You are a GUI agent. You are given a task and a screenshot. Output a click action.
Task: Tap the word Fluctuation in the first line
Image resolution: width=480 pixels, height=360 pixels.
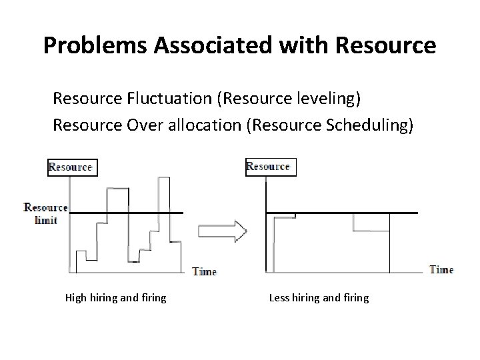click(172, 99)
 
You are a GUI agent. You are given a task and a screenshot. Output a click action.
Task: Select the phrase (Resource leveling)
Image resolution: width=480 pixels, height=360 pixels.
click(295, 99)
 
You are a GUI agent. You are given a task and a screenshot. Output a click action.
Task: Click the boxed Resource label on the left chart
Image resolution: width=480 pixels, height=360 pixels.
click(73, 167)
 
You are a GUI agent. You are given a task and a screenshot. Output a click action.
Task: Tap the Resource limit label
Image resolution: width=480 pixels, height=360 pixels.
click(46, 213)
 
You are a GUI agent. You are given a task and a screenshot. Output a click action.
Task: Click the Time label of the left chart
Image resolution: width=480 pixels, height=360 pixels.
click(204, 271)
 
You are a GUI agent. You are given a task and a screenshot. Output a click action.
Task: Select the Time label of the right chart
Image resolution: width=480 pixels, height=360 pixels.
click(441, 269)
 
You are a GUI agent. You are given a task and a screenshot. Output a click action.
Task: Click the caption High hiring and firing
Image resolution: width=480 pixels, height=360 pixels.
click(115, 298)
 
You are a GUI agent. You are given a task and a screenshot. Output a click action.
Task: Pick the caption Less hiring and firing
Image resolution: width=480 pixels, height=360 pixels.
click(319, 298)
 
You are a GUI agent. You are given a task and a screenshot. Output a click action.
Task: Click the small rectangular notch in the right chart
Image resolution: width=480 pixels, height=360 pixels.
click(371, 222)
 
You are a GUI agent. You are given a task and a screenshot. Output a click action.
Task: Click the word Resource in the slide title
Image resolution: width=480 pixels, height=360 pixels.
click(387, 45)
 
